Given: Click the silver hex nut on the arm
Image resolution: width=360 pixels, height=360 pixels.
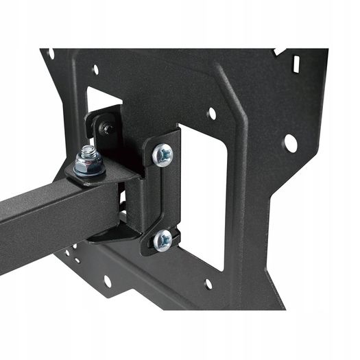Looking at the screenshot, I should click(x=88, y=164).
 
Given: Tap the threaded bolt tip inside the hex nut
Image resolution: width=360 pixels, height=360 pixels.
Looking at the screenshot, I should click(x=88, y=152).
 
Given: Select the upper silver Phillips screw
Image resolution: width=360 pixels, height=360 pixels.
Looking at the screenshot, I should click(x=163, y=155).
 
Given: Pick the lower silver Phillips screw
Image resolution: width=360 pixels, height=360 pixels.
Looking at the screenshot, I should click(x=163, y=239).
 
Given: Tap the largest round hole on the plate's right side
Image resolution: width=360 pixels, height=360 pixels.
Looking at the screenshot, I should click(x=291, y=143).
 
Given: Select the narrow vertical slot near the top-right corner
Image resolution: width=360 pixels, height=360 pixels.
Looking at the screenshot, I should click(x=296, y=64).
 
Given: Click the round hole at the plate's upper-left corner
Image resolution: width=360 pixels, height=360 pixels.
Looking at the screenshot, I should click(x=51, y=53).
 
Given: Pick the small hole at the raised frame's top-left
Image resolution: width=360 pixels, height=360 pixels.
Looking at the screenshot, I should click(x=95, y=69).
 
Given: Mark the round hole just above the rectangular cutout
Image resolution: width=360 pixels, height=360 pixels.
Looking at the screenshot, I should click(x=211, y=113).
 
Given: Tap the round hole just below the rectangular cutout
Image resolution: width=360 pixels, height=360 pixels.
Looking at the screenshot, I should click(x=208, y=283).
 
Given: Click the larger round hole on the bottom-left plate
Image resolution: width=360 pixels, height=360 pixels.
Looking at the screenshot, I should click(x=107, y=281).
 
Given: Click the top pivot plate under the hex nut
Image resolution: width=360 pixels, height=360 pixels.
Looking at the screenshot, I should click(x=103, y=175).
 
